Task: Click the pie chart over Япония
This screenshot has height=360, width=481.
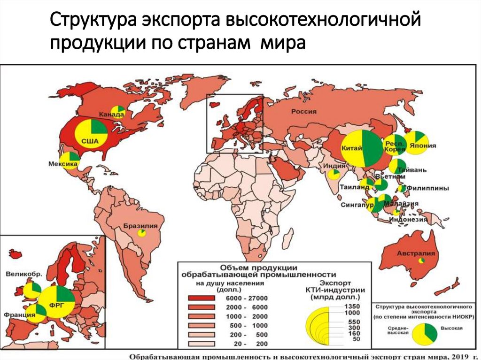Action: tap(416, 143)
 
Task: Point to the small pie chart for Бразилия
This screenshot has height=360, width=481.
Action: tap(141, 233)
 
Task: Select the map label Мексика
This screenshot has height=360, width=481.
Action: tap(62, 164)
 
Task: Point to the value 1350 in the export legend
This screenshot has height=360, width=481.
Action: tap(354, 306)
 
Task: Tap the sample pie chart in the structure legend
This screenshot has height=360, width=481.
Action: tap(425, 333)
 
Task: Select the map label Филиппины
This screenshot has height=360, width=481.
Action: tap(427, 188)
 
